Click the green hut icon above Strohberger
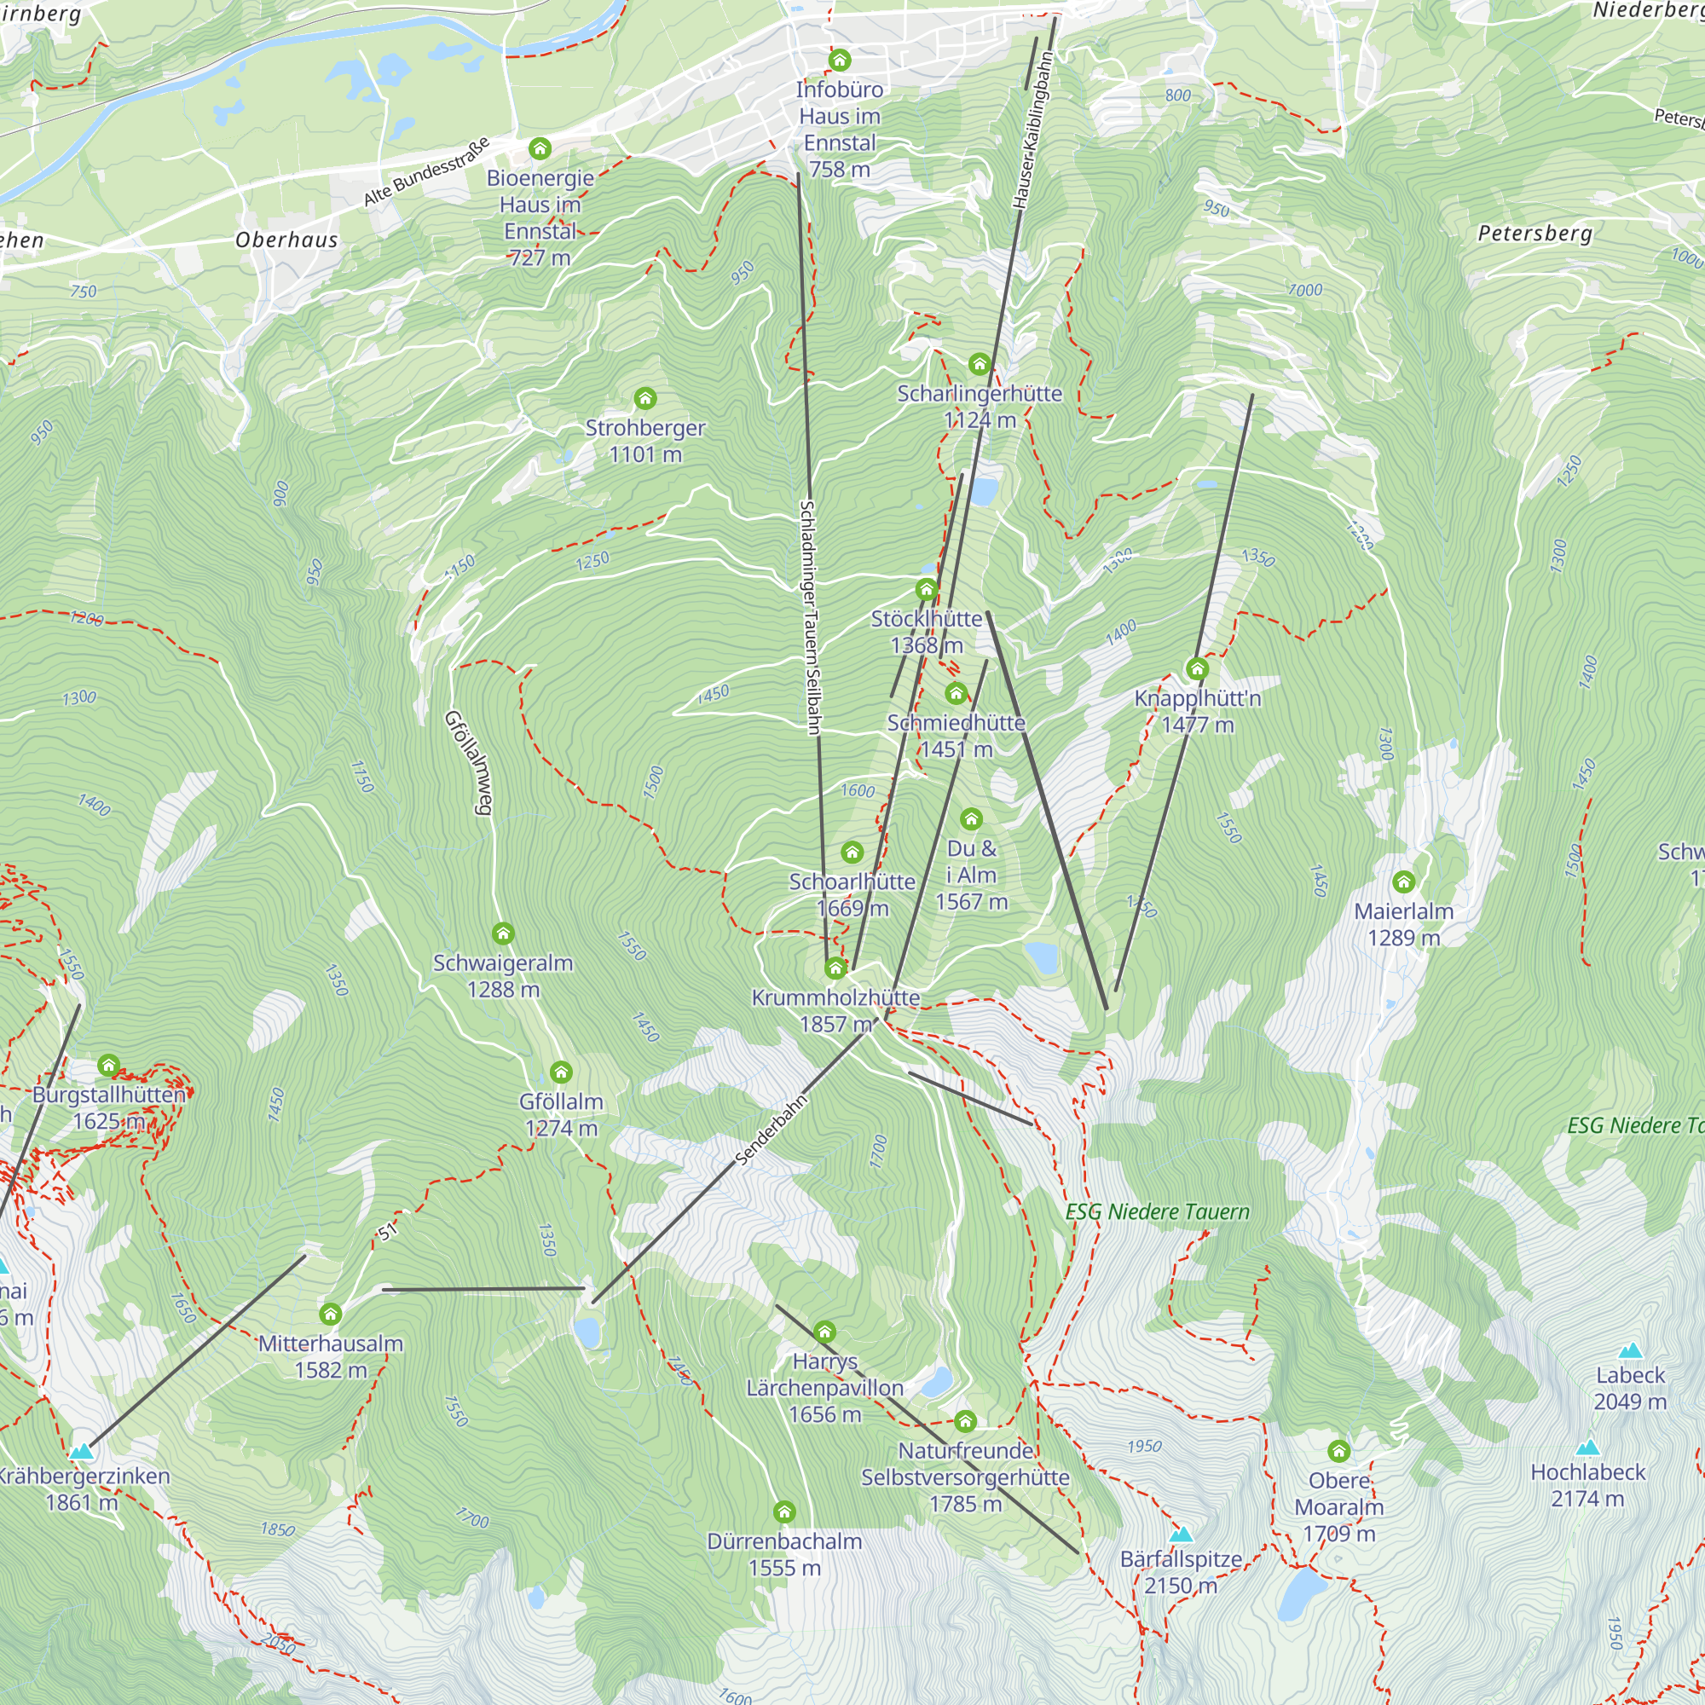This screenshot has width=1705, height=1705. pyautogui.click(x=645, y=399)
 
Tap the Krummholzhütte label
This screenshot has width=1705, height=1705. pyautogui.click(x=835, y=1010)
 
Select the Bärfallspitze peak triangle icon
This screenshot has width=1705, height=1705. pyautogui.click(x=1181, y=1534)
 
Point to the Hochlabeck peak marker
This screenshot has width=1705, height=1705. pyautogui.click(x=1587, y=1448)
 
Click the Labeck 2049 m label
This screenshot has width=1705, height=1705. pyautogui.click(x=1629, y=1388)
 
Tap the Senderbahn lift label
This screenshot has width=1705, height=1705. pyautogui.click(x=772, y=1130)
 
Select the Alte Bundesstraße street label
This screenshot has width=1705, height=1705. pyautogui.click(x=426, y=173)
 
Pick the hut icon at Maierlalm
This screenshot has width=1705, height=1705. pyautogui.click(x=1403, y=881)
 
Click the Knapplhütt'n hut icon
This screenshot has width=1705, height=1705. pyautogui.click(x=1197, y=669)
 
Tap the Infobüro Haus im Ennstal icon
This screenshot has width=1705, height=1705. pyautogui.click(x=839, y=60)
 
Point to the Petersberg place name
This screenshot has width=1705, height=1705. pyautogui.click(x=1534, y=234)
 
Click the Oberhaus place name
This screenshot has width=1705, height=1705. pyautogui.click(x=286, y=240)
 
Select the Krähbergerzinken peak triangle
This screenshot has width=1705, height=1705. pyautogui.click(x=81, y=1451)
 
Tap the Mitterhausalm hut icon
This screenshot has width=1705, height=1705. pyautogui.click(x=330, y=1314)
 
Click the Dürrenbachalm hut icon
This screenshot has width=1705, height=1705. pyautogui.click(x=783, y=1511)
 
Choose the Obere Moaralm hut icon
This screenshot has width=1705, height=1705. pyautogui.click(x=1338, y=1451)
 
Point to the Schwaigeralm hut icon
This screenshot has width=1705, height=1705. pyautogui.click(x=503, y=933)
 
